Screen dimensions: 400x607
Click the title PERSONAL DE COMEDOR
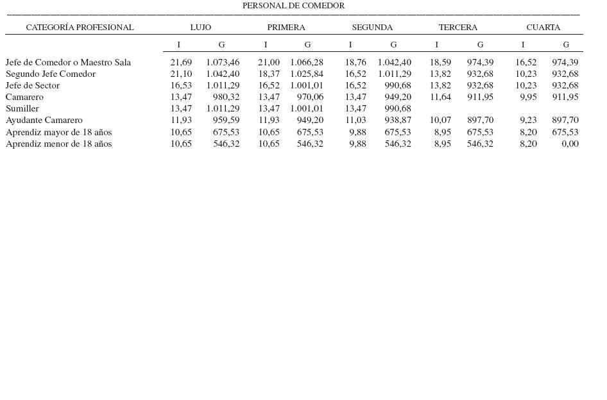point(293,6)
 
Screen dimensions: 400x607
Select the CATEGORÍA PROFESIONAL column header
point(80,28)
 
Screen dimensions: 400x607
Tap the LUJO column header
point(200,28)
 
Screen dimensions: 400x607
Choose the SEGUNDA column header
point(372,28)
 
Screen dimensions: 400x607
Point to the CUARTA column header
point(543,28)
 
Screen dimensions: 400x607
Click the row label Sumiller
point(22,109)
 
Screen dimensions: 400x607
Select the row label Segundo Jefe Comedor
point(51,74)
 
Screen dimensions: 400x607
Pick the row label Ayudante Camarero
point(44,121)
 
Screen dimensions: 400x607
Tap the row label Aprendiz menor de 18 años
point(58,144)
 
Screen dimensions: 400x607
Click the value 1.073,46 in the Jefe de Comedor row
point(223,63)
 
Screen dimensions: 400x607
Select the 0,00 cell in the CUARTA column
point(570,144)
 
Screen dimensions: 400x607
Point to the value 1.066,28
point(307,63)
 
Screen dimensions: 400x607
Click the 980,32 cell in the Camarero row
point(226,97)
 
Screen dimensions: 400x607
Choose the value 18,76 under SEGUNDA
point(355,63)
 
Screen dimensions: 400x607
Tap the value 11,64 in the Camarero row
point(440,97)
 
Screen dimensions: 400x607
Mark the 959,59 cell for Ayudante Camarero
point(226,121)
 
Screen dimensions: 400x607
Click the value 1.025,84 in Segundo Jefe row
point(307,74)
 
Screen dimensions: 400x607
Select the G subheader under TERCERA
point(480,45)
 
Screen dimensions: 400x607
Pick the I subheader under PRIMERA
point(266,45)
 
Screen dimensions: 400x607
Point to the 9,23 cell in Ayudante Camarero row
point(528,121)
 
